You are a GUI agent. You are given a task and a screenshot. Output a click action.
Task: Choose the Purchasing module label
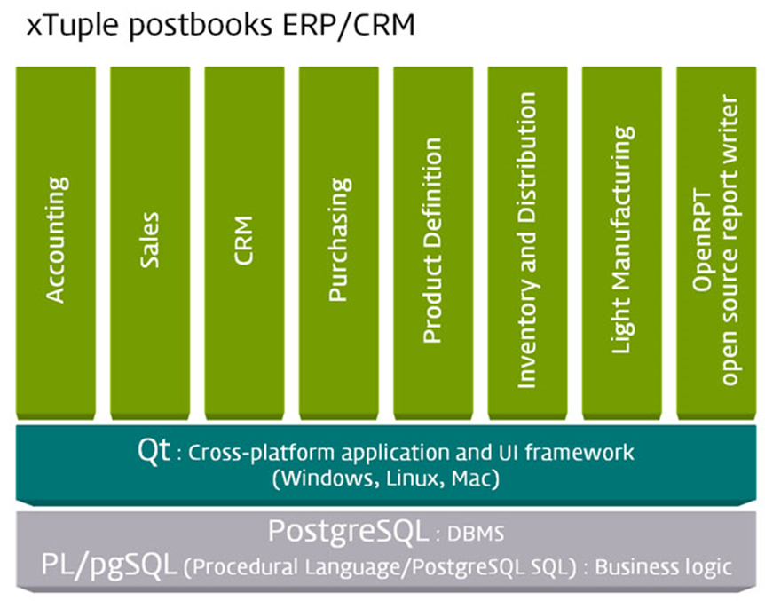pyautogui.click(x=339, y=240)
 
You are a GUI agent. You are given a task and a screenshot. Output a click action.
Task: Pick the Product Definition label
pyautogui.click(x=433, y=240)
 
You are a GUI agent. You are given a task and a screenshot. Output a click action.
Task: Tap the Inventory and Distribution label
pyautogui.click(x=527, y=240)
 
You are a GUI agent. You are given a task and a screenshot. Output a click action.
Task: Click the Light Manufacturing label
pyautogui.click(x=623, y=240)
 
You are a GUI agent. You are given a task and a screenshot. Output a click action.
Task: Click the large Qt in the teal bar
pyautogui.click(x=153, y=450)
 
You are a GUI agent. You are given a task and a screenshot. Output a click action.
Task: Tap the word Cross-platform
pyautogui.click(x=248, y=453)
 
